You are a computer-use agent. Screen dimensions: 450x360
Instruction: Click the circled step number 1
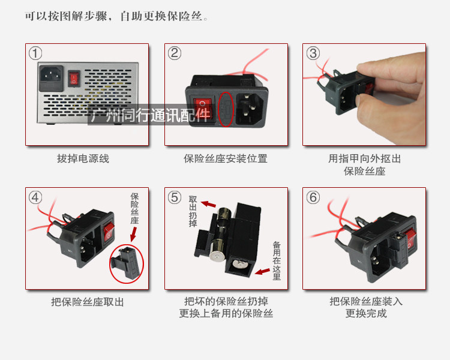[x=35, y=53]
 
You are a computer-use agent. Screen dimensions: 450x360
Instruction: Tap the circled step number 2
[x=175, y=53]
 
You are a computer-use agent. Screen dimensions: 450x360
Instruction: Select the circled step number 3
[x=313, y=53]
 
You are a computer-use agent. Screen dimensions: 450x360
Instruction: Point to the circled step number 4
[x=35, y=197]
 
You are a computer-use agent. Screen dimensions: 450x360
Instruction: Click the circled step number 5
[x=175, y=197]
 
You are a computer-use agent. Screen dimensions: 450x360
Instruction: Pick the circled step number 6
[x=313, y=197]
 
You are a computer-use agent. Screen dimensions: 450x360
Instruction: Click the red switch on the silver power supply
[x=74, y=79]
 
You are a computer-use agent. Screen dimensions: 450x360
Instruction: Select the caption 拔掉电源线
[x=83, y=158]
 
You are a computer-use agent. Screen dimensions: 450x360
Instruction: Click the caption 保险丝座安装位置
[x=226, y=158]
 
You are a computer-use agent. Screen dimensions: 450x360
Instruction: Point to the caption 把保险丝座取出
[x=87, y=302]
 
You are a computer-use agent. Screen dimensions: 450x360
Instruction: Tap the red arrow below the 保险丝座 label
[x=133, y=234]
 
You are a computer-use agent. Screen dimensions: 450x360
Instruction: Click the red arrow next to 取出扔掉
[x=208, y=204]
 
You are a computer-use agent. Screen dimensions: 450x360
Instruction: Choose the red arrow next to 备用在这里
[x=262, y=271]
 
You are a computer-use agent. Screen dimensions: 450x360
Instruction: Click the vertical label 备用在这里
[x=277, y=260]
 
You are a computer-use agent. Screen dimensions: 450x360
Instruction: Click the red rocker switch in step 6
[x=409, y=239]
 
